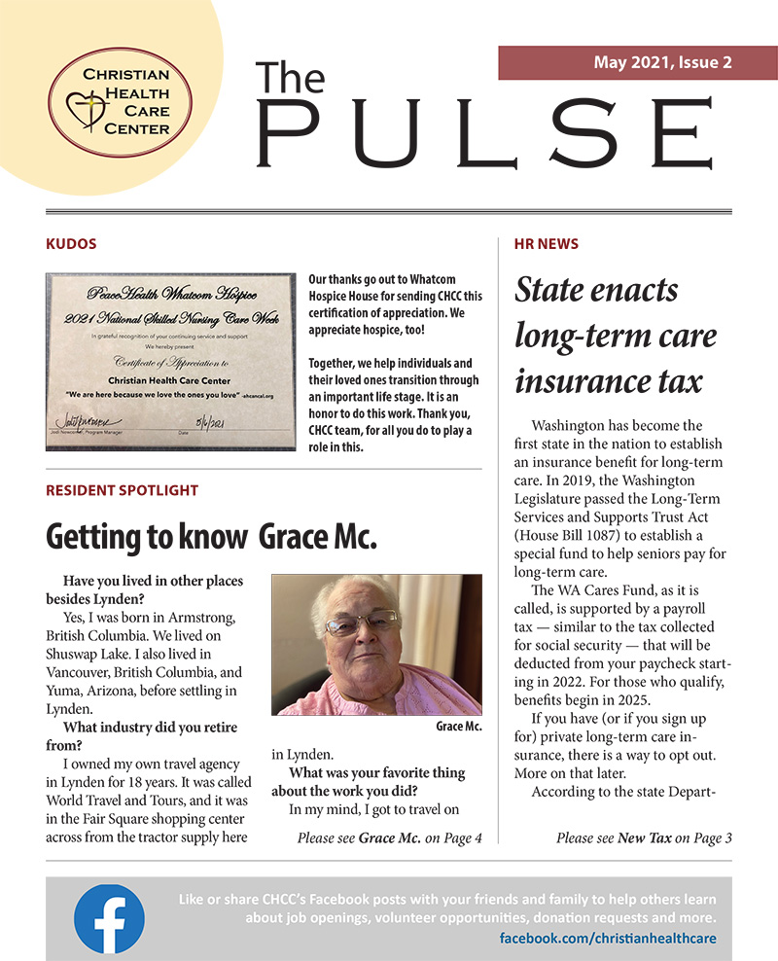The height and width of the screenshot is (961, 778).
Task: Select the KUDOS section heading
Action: pyautogui.click(x=72, y=243)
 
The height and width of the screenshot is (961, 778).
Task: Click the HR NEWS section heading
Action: pyautogui.click(x=546, y=243)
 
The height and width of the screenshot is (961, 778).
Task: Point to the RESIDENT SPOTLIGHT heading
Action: pyautogui.click(x=122, y=490)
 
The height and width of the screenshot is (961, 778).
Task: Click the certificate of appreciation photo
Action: pyautogui.click(x=170, y=361)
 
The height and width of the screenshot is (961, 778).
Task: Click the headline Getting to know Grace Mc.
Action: pyautogui.click(x=211, y=536)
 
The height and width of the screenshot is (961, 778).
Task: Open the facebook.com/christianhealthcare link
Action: pyautogui.click(x=608, y=939)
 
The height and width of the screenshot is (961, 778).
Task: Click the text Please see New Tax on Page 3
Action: pyautogui.click(x=644, y=837)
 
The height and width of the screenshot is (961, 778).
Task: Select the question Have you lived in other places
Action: pyautogui.click(x=153, y=581)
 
